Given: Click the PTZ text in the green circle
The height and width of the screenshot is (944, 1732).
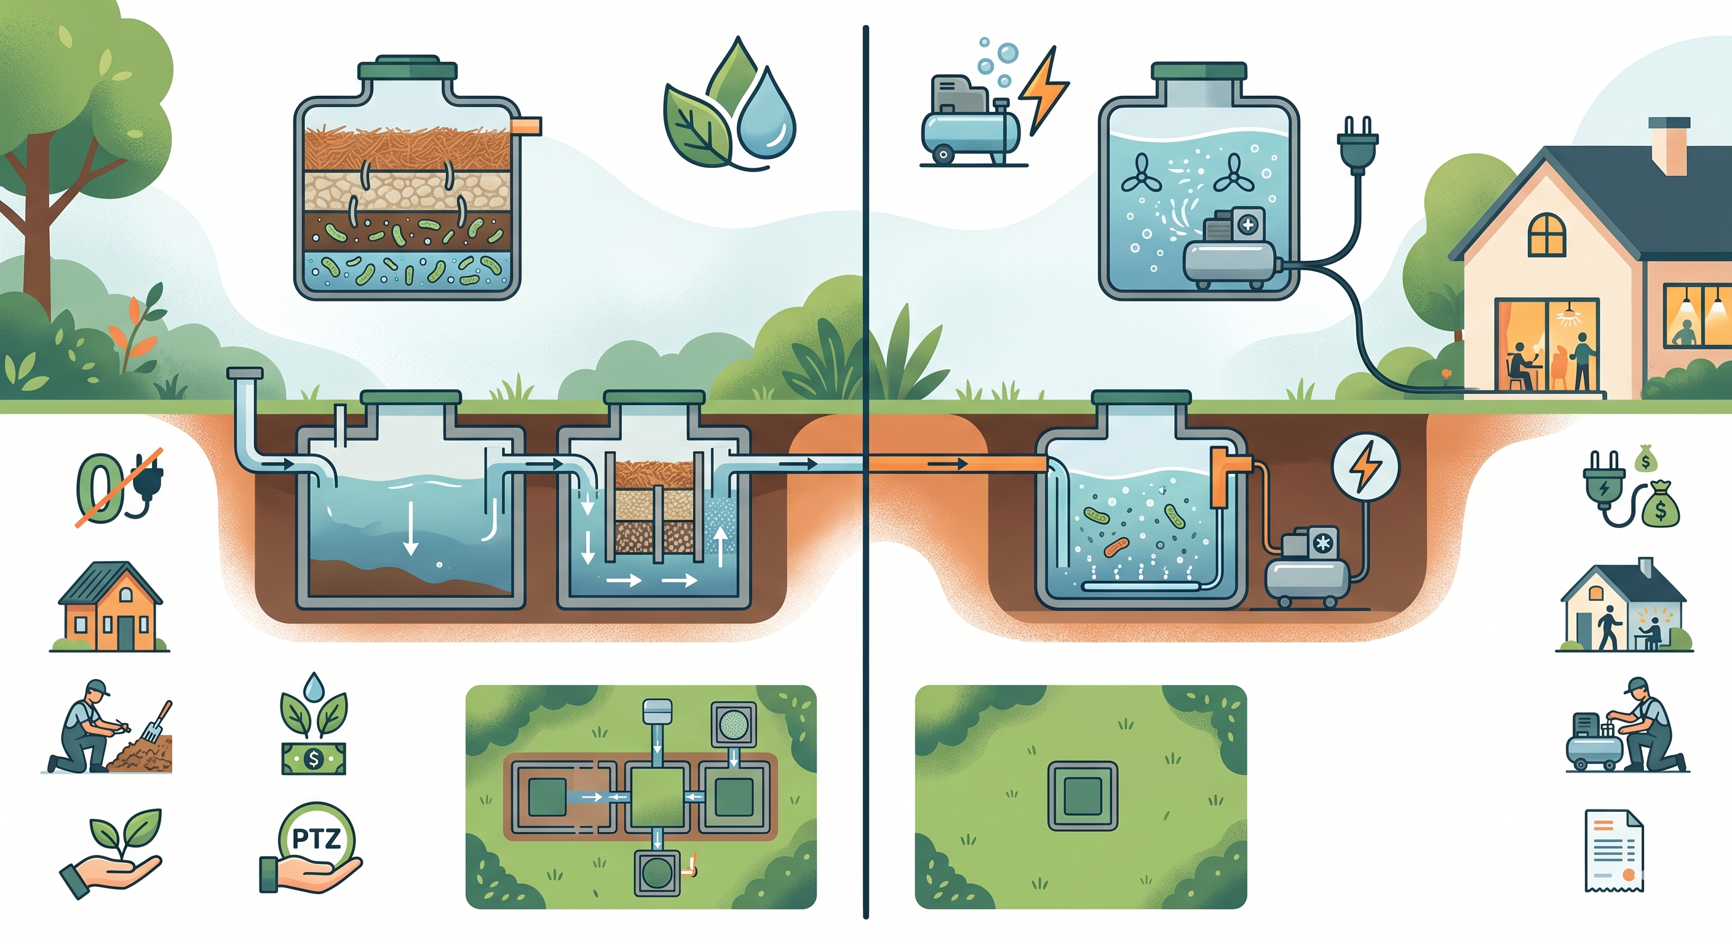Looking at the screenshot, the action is [x=316, y=838].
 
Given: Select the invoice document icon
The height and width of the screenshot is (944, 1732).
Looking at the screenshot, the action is [x=1614, y=851].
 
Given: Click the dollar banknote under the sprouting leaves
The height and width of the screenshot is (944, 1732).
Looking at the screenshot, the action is [x=312, y=758].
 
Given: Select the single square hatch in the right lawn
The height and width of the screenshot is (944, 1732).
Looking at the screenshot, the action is [x=1082, y=795].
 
